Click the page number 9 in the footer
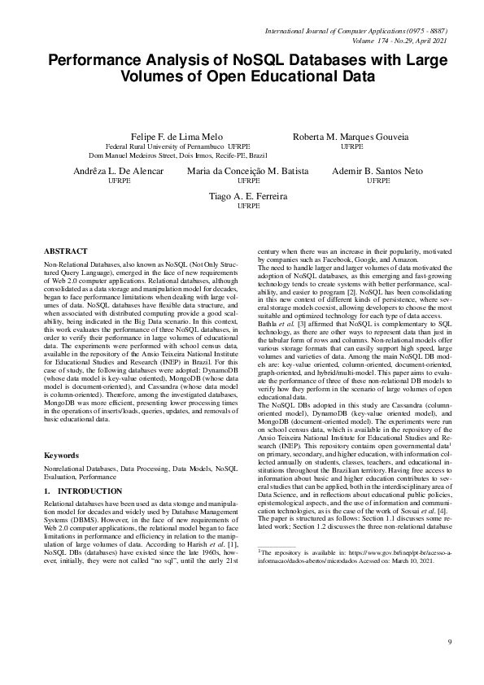point(448,643)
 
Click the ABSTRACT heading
point(66,252)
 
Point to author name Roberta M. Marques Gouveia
point(351,136)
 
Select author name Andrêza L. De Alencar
point(119,172)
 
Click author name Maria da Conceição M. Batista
point(248,172)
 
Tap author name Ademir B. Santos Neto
point(377,172)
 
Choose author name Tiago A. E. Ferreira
point(248,197)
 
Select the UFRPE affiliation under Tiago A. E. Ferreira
point(248,207)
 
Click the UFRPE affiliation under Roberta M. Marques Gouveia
point(351,146)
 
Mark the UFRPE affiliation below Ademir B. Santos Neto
point(378,181)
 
